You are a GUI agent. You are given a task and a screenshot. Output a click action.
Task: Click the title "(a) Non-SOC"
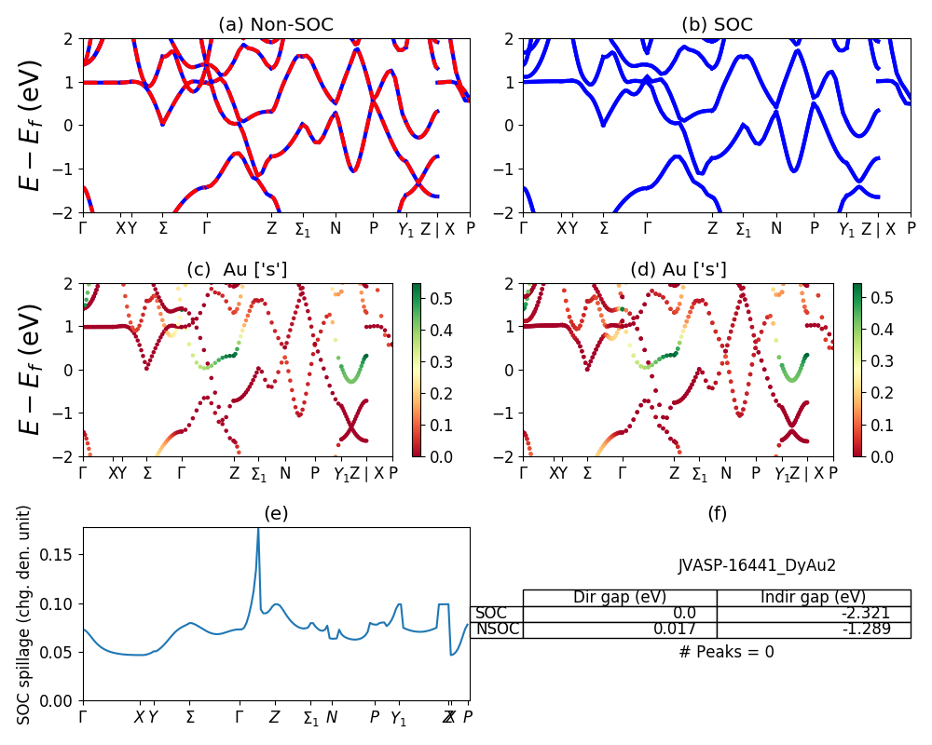tap(276, 25)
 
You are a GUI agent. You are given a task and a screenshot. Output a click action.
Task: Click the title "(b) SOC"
tap(717, 25)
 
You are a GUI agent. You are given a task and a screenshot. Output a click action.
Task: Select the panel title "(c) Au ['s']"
tap(237, 270)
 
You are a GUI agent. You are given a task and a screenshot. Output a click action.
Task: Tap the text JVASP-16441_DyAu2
tap(756, 565)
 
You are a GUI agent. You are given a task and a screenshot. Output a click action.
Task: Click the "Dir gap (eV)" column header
tap(620, 597)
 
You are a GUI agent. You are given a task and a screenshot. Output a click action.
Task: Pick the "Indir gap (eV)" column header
tap(813, 597)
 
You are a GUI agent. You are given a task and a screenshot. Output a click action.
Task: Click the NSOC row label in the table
tap(496, 630)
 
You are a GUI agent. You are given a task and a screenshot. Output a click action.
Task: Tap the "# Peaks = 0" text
tap(726, 652)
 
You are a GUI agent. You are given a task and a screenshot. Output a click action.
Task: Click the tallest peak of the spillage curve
tap(258, 530)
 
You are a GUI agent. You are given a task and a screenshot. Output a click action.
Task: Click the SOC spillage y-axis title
tap(24, 615)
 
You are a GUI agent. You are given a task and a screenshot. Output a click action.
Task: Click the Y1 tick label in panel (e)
tap(398, 718)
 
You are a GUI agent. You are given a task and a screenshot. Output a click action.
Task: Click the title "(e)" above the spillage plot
tap(276, 514)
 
